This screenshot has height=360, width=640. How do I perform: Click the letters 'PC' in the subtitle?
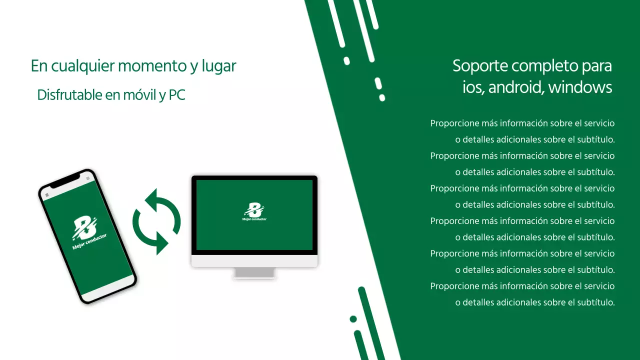point(177,95)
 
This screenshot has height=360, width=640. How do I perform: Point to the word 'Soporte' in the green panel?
point(480,66)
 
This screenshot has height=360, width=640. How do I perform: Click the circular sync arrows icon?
point(156,221)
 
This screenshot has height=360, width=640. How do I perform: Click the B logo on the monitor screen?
point(254,210)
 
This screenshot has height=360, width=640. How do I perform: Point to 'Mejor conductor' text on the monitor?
point(254,219)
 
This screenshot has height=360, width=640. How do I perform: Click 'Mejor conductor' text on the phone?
point(89,242)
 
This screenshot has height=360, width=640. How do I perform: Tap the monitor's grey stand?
point(254,272)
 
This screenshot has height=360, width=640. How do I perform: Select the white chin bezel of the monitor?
point(254,261)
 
